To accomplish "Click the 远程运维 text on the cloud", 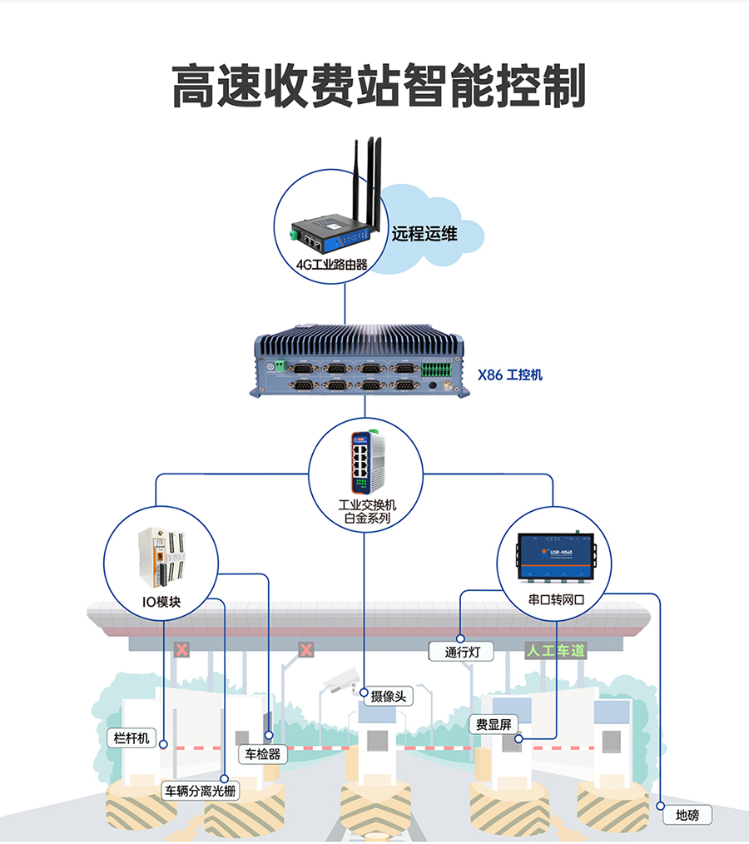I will pyautogui.click(x=424, y=234).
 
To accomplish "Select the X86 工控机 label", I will pyautogui.click(x=509, y=375).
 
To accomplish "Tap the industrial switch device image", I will pyautogui.click(x=365, y=461).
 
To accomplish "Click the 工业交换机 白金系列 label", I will pyautogui.click(x=366, y=511).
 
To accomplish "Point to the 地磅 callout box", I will pyautogui.click(x=687, y=816).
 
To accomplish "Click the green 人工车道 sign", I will pyautogui.click(x=554, y=651).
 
